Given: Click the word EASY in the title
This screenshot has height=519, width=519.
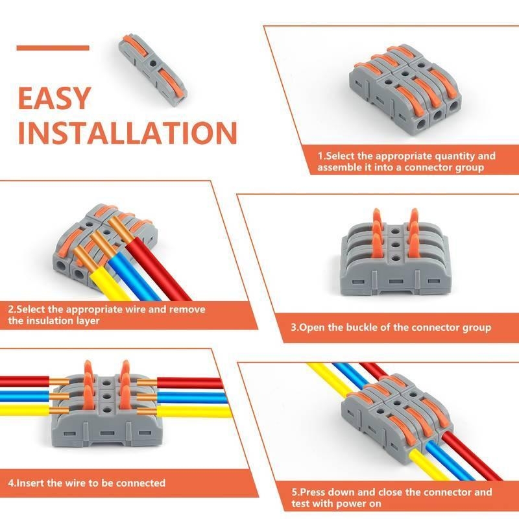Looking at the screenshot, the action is coord(54,98).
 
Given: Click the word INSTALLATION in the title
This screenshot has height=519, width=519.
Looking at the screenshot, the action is coord(127,133).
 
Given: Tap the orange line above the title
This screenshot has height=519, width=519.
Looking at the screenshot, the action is coord(53,48).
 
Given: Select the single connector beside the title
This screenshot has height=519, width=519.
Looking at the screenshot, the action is coord(153,70).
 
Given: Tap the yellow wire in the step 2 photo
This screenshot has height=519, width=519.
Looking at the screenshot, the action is coord(109,285).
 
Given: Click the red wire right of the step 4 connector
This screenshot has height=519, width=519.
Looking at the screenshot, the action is coord(189,383).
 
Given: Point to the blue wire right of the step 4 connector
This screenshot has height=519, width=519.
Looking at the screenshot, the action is coord(192,397).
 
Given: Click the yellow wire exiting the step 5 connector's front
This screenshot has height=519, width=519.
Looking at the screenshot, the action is coord(430,465).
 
